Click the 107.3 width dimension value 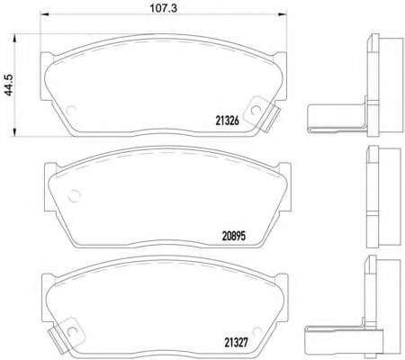[x=163, y=8]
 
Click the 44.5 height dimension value [x=8, y=85]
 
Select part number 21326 [x=228, y=121]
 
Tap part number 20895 [x=234, y=236]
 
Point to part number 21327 [x=237, y=343]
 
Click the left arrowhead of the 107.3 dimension [x=44, y=13]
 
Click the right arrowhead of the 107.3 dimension [x=283, y=13]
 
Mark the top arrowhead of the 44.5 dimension [x=14, y=38]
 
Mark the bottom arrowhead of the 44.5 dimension [x=14, y=132]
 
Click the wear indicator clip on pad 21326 [x=262, y=113]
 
